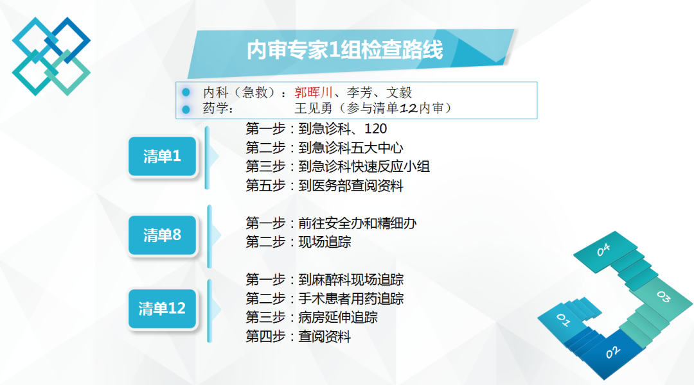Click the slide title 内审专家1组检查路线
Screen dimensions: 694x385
click(x=345, y=49)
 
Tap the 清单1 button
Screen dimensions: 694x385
click(x=162, y=157)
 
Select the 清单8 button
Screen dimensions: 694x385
click(x=162, y=235)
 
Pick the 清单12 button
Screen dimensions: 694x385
click(x=162, y=309)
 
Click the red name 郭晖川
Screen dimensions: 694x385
click(x=314, y=92)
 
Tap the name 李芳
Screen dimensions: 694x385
click(x=359, y=92)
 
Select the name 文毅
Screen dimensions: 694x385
click(x=399, y=92)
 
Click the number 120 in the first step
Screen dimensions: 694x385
click(x=375, y=128)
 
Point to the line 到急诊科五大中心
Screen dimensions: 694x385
click(x=351, y=148)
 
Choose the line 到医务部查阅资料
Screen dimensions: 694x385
click(x=351, y=185)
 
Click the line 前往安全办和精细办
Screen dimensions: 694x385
click(x=357, y=223)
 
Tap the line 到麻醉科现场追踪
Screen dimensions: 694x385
click(x=351, y=280)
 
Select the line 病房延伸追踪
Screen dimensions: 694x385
click(x=338, y=318)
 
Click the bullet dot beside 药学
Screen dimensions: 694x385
click(x=186, y=108)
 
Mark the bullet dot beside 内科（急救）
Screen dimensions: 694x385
click(x=186, y=92)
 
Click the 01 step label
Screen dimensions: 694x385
click(x=563, y=320)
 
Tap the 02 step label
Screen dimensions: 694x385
click(x=612, y=352)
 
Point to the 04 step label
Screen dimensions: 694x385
click(x=603, y=250)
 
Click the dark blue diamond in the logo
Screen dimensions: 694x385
click(x=67, y=40)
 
